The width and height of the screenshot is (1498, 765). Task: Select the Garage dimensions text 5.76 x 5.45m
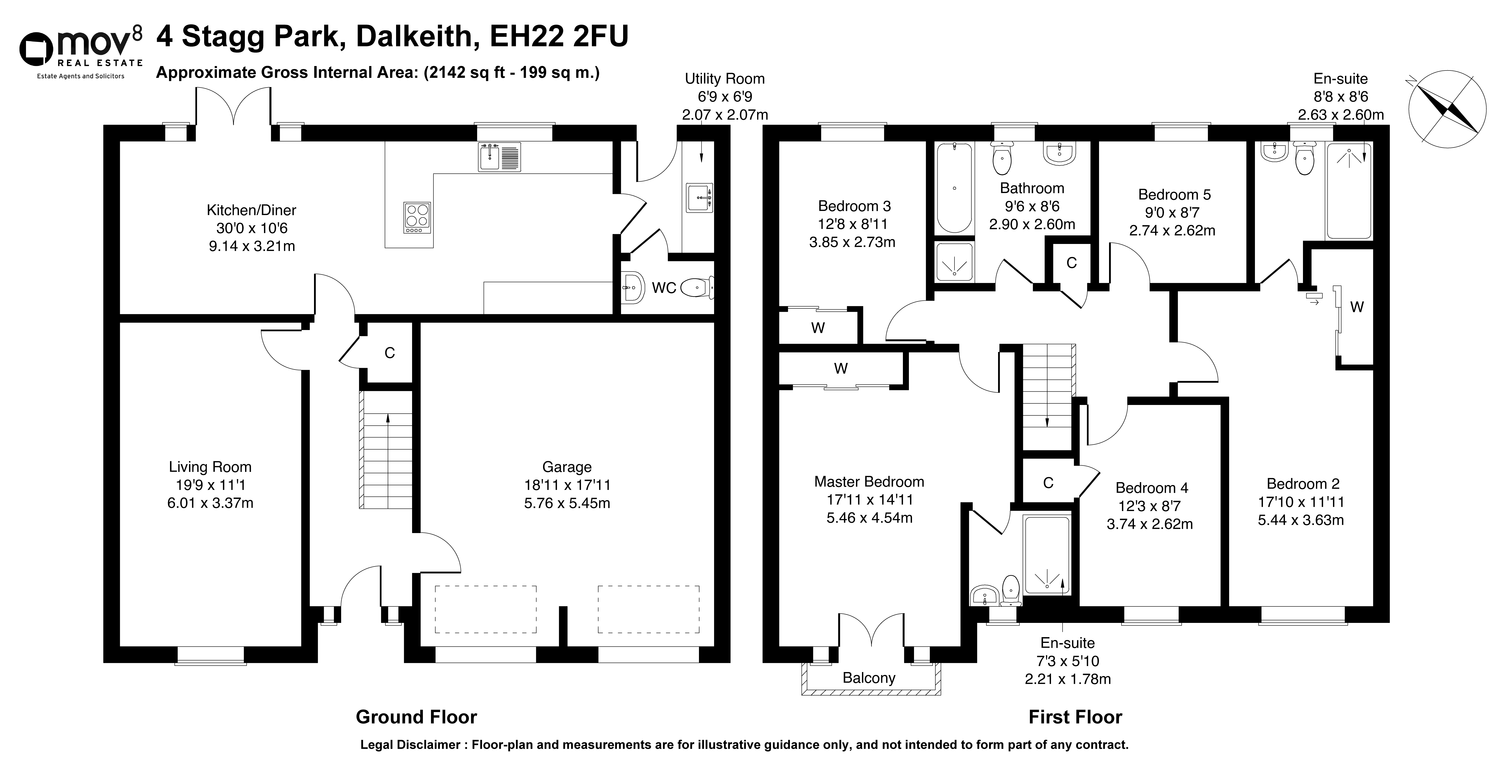click(567, 503)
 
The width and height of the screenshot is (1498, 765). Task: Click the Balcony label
click(869, 678)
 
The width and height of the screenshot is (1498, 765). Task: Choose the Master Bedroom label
click(869, 481)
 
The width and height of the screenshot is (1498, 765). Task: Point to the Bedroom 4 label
click(1152, 488)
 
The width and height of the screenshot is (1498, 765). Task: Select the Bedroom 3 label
click(854, 206)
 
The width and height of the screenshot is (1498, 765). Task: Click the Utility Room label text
click(725, 79)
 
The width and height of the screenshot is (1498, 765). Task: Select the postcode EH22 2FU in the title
click(559, 36)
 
